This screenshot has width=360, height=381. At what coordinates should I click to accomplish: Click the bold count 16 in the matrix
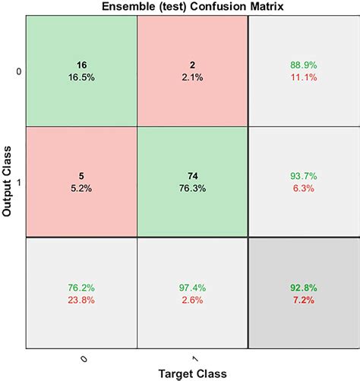point(81,66)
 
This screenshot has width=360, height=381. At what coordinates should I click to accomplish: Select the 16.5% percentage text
point(81,77)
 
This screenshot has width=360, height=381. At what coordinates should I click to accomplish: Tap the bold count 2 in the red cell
point(192,66)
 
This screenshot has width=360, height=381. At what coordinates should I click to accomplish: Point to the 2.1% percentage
point(192,77)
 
